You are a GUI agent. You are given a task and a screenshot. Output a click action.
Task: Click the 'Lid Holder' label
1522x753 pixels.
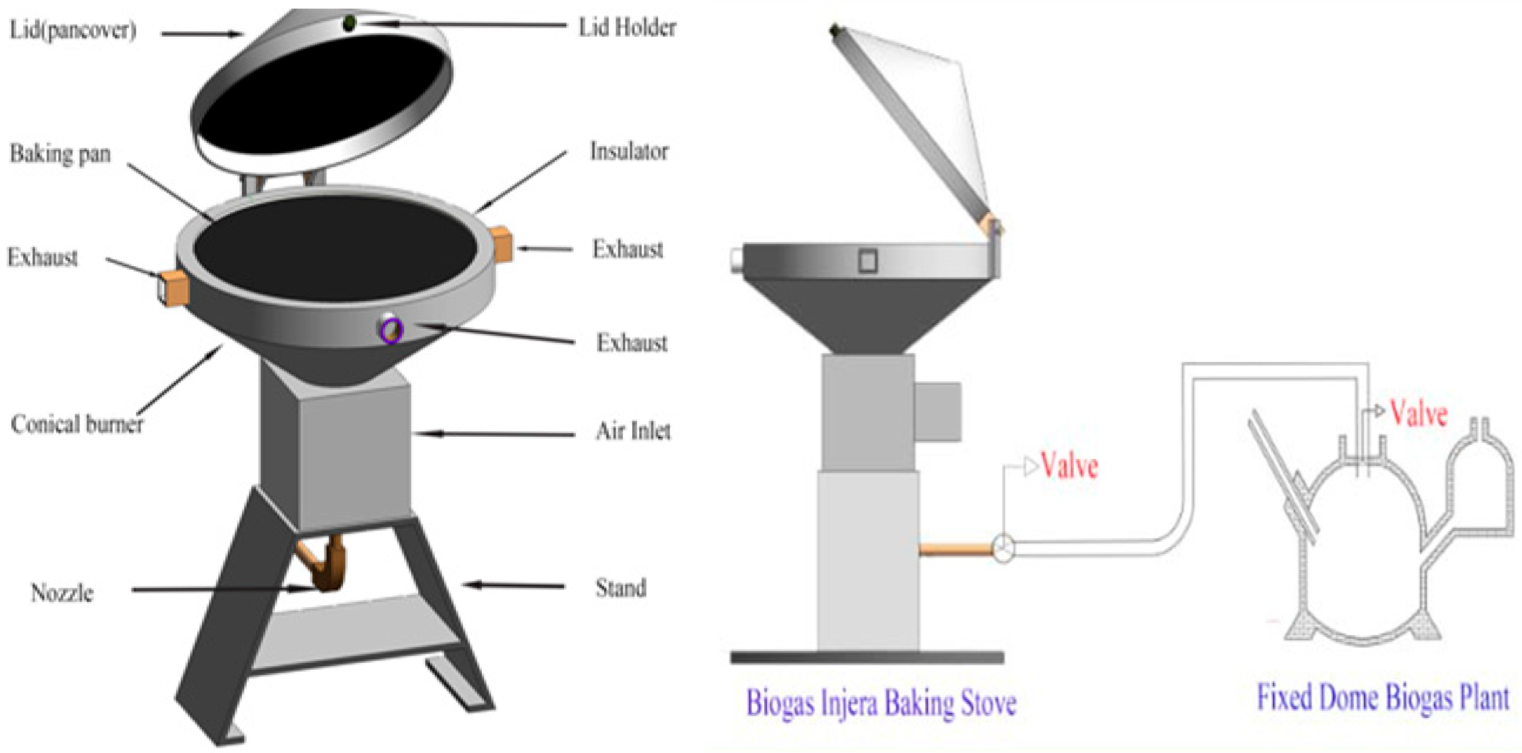pos(627,28)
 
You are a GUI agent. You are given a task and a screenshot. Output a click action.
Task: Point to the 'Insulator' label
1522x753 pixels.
pos(629,152)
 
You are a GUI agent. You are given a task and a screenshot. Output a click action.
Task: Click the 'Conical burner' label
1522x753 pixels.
pos(77,424)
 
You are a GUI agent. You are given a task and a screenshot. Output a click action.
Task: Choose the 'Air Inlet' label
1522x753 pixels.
pos(633,432)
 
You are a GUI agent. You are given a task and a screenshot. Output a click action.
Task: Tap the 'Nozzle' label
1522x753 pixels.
pos(62,592)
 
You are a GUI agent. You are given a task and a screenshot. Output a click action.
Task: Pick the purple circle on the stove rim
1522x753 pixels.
pos(391,331)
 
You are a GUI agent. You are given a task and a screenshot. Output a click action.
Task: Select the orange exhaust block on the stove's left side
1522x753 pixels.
pos(173,288)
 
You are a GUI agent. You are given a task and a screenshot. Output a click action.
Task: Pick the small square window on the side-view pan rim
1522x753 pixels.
pos(867,261)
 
